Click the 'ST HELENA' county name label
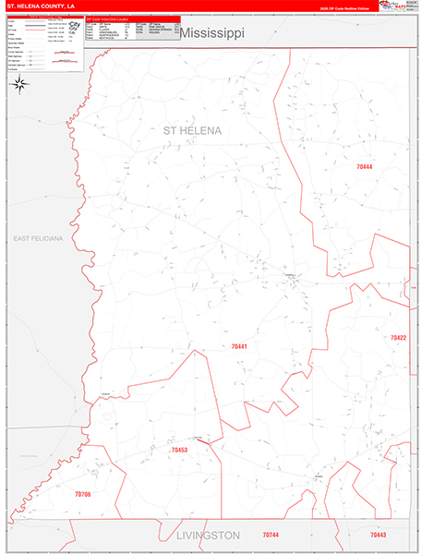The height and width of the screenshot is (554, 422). click(x=192, y=131)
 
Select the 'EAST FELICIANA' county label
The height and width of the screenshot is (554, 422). click(x=38, y=238)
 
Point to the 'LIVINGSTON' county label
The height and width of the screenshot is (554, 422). click(x=208, y=536)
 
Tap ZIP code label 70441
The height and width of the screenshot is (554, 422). click(x=239, y=346)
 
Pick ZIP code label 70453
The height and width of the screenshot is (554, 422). click(x=179, y=450)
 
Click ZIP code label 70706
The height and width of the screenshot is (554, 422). click(x=83, y=495)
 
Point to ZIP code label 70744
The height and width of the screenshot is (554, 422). click(x=270, y=536)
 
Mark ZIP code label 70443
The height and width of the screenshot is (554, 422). click(x=379, y=536)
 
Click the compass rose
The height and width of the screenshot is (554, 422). click(x=20, y=84)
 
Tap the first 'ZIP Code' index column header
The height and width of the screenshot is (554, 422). click(x=90, y=24)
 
